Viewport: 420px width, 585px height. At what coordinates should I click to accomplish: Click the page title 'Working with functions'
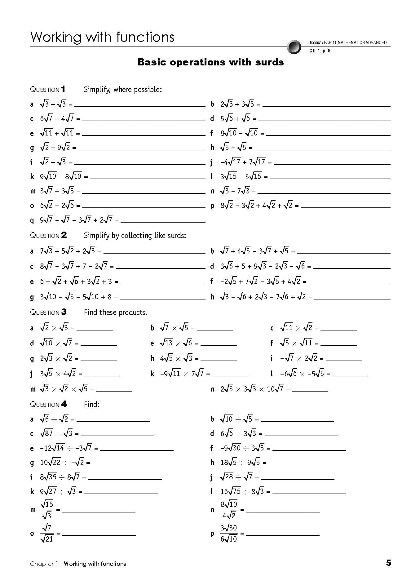(x=102, y=37)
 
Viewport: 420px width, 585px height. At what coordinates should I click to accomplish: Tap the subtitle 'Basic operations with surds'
(x=210, y=62)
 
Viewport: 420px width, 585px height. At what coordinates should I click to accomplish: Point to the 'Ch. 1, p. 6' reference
(x=320, y=51)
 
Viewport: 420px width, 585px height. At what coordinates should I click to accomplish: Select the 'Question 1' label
(x=48, y=90)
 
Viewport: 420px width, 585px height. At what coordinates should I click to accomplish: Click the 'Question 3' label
(x=48, y=312)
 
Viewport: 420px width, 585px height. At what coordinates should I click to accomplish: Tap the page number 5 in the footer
(x=388, y=563)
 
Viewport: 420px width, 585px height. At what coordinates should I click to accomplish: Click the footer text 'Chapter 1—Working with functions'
(x=78, y=564)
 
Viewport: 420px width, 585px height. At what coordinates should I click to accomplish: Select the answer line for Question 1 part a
(x=140, y=106)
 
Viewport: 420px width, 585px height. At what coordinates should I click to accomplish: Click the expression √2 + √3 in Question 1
(x=53, y=162)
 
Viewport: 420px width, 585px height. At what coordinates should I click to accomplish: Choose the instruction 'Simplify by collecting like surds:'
(x=135, y=236)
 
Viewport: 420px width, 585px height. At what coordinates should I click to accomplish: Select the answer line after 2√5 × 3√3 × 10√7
(x=310, y=391)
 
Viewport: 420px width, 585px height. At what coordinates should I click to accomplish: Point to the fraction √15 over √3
(x=47, y=510)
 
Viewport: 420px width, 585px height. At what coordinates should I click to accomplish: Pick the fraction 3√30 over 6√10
(x=229, y=533)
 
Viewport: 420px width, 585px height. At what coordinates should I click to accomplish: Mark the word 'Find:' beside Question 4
(x=92, y=404)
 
